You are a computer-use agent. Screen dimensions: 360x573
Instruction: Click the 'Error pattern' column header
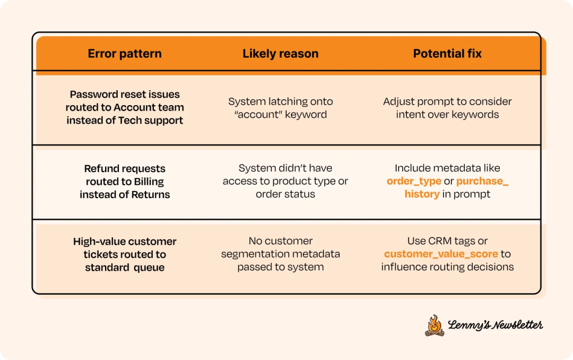point(125,54)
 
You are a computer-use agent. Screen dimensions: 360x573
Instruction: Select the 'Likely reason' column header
point(281,54)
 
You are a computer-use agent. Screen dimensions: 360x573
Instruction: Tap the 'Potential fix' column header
point(447,54)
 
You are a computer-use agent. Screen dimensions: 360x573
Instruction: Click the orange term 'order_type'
point(414,181)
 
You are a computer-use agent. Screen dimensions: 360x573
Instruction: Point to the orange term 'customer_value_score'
point(441,254)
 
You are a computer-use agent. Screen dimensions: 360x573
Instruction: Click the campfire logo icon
point(434,325)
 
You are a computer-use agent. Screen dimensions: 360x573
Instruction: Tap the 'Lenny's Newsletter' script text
point(495,325)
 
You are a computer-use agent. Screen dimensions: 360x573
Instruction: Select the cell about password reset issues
point(125,107)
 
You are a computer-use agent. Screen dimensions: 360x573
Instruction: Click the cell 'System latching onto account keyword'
point(281,108)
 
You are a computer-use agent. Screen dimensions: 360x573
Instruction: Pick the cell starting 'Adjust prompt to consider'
point(447,108)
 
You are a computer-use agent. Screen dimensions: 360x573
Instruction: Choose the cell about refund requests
point(125,182)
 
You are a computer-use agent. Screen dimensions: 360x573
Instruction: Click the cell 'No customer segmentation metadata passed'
point(281,254)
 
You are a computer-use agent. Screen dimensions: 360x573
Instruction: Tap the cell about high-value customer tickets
point(125,254)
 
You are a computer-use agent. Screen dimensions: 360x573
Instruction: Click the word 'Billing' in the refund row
point(149,182)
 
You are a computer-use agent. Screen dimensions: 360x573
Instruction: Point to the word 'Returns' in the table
point(151,194)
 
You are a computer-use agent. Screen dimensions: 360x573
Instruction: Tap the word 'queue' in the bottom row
point(148,267)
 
